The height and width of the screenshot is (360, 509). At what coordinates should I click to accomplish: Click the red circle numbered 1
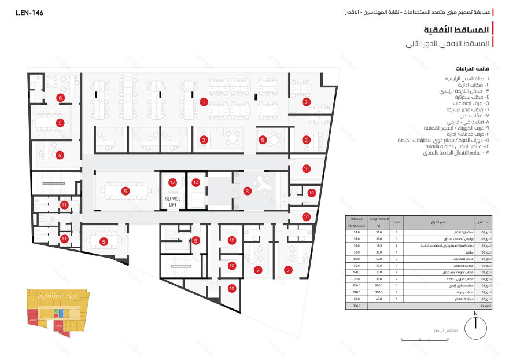(204, 102)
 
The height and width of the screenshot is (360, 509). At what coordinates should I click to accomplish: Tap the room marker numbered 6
(60, 98)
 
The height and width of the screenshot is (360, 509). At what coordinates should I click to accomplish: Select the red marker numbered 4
(60, 155)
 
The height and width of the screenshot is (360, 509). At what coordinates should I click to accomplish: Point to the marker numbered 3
(248, 190)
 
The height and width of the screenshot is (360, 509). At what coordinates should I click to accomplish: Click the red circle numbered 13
(172, 182)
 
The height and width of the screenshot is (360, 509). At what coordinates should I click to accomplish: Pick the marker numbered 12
(196, 183)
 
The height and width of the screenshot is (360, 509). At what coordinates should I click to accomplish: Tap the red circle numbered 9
(196, 240)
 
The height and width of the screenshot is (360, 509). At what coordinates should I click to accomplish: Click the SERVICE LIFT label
(173, 201)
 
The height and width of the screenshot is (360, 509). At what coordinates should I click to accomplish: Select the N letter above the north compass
(475, 314)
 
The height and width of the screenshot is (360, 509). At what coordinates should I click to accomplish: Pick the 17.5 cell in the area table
(379, 245)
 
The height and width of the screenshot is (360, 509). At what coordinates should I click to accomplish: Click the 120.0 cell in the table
(356, 271)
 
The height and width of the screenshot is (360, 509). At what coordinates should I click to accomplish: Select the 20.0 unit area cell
(379, 271)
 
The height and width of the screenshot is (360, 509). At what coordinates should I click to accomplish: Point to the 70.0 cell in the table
(356, 278)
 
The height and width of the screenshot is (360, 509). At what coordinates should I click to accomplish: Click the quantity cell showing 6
(396, 271)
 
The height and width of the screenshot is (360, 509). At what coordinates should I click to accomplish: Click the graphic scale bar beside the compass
(428, 339)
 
